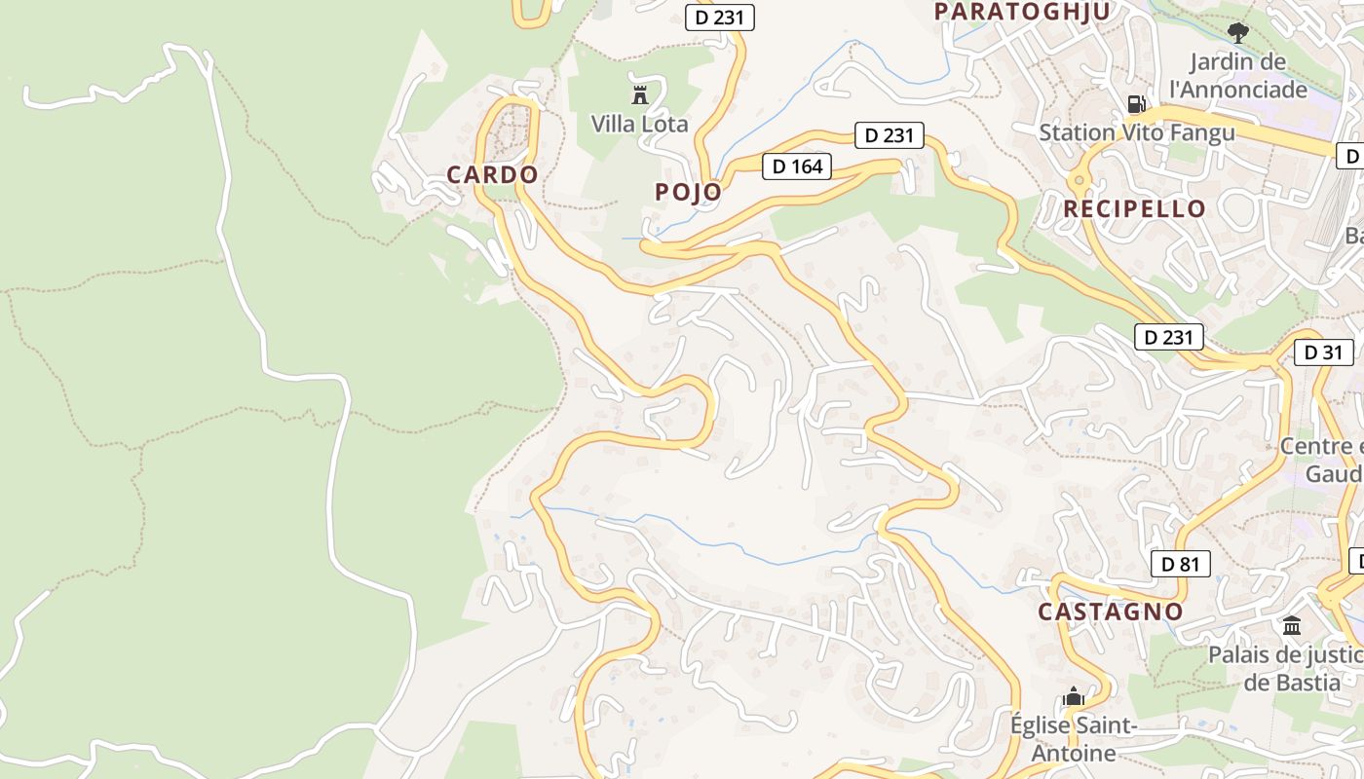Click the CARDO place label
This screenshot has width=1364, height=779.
click(492, 175)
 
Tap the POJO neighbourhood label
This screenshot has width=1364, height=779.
click(688, 192)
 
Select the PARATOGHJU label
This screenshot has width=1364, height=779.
click(1022, 12)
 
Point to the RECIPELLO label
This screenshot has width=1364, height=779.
click(1134, 208)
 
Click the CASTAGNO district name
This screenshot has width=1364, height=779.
click(1110, 612)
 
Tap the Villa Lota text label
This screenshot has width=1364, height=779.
click(639, 125)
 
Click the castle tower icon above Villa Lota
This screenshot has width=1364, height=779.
click(640, 94)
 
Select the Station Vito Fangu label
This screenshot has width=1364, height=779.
click(1137, 132)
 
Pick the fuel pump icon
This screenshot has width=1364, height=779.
click(1135, 103)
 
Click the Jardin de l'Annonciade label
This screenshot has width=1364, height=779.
click(1238, 76)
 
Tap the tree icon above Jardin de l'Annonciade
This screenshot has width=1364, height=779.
click(1237, 34)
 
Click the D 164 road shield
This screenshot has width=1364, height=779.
click(797, 167)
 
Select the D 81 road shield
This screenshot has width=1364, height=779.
click(1180, 564)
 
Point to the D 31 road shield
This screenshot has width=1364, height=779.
click(1323, 352)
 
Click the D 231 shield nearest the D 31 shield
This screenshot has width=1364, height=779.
click(1169, 338)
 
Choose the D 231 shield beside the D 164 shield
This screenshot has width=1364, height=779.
click(889, 135)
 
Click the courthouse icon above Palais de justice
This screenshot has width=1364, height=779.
click(1292, 625)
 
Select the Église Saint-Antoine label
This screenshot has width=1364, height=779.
click(1074, 739)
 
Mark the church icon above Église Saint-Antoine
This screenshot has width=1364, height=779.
click(1074, 696)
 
